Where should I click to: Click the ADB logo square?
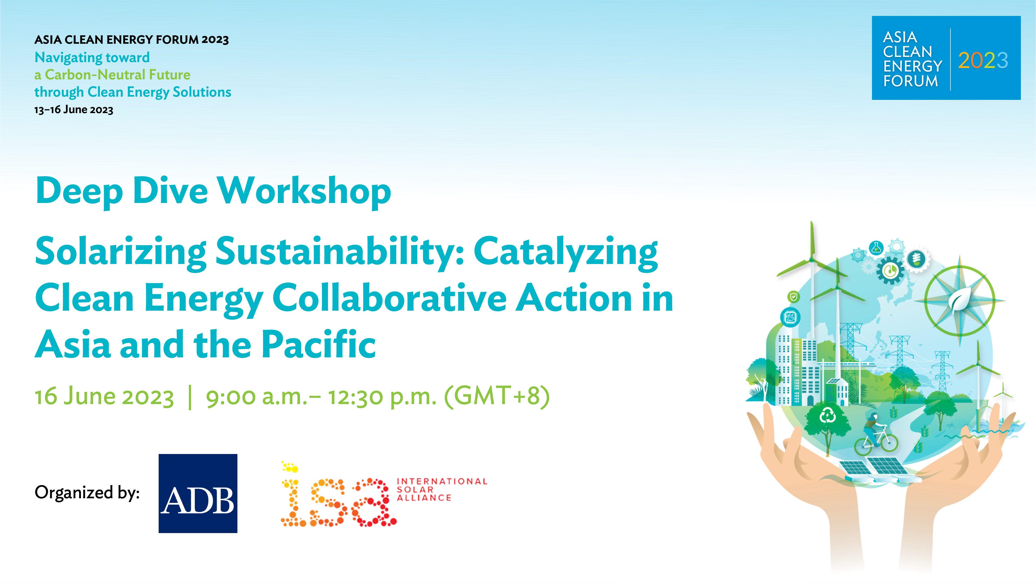198,493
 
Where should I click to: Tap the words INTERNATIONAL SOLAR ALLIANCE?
442,490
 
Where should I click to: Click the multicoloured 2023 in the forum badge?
983,61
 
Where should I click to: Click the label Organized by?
87,493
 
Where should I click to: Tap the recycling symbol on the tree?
828,415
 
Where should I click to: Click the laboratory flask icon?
876,248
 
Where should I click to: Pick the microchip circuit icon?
790,317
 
